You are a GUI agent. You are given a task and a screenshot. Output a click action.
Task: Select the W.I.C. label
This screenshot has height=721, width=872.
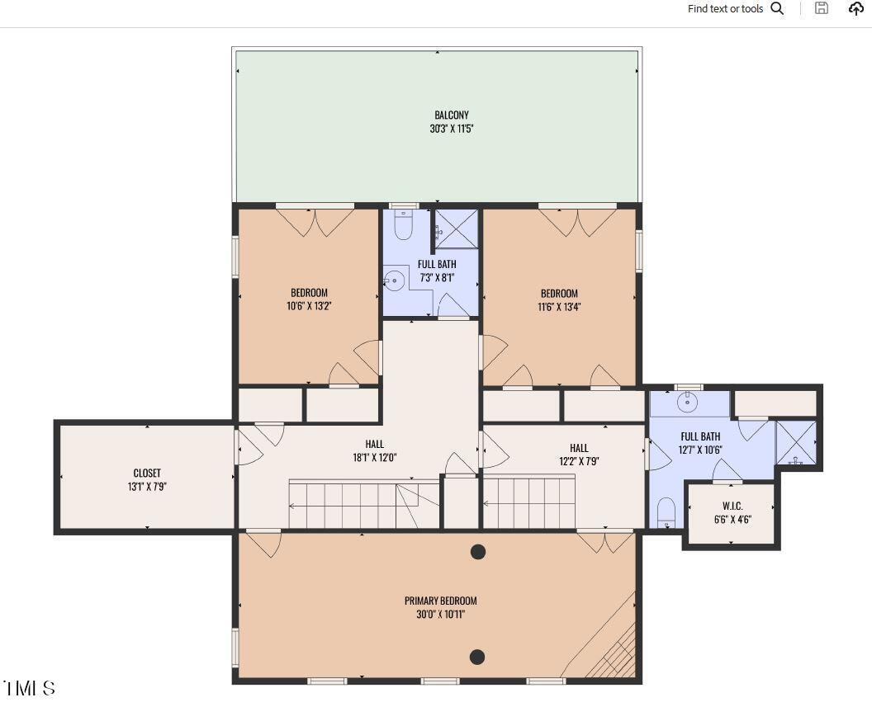point(732,506)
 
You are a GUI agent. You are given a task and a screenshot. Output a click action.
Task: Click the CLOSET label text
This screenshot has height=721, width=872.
point(147,474)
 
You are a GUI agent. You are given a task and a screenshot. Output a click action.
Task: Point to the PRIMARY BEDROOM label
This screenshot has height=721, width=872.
point(440,601)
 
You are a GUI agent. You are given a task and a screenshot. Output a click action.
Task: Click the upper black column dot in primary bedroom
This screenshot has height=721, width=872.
point(477,552)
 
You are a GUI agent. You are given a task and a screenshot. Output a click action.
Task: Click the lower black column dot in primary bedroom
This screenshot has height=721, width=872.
point(476,657)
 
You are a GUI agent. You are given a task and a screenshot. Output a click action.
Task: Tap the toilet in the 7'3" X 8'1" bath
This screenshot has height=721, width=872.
point(403,225)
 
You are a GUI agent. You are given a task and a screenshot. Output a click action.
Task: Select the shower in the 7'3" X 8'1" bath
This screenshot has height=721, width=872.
point(457,229)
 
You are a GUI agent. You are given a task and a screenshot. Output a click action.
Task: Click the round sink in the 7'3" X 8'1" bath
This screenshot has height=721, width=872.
point(395,280)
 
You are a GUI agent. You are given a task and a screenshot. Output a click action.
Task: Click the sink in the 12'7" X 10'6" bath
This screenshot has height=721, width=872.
point(689,402)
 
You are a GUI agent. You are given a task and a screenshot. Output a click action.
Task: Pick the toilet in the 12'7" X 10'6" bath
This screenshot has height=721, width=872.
point(666,512)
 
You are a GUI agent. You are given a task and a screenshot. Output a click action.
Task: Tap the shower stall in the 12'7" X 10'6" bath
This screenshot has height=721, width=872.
point(796,443)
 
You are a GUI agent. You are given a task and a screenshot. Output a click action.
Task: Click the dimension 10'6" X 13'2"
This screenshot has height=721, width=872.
point(308,306)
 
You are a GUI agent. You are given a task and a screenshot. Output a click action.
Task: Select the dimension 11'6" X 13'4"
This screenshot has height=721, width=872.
point(559,307)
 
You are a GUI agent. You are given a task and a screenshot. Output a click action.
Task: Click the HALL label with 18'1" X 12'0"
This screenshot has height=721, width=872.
point(374,445)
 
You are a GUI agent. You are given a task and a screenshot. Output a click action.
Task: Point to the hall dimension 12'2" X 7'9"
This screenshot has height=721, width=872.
point(579,461)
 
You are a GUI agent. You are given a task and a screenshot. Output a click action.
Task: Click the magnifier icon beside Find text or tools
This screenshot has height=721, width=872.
point(777,8)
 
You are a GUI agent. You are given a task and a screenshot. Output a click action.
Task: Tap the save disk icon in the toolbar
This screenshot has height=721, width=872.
point(821,8)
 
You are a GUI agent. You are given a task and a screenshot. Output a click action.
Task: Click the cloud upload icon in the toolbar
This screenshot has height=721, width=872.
point(855,8)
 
